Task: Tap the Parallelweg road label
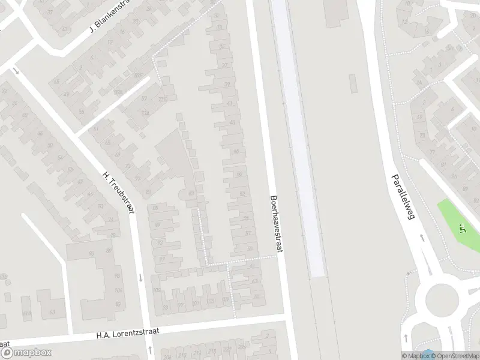tap(403, 197)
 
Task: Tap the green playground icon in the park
tap(461, 228)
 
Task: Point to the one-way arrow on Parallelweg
tap(421, 238)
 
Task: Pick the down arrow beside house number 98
tap(140, 277)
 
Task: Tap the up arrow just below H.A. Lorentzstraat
tap(149, 349)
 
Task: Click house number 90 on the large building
tap(92, 254)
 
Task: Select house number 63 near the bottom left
tap(52, 312)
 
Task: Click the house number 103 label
tap(157, 290)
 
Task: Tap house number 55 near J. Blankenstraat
tap(82, 112)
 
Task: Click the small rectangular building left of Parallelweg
tap(337, 13)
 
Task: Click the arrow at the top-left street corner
tap(16, 71)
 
